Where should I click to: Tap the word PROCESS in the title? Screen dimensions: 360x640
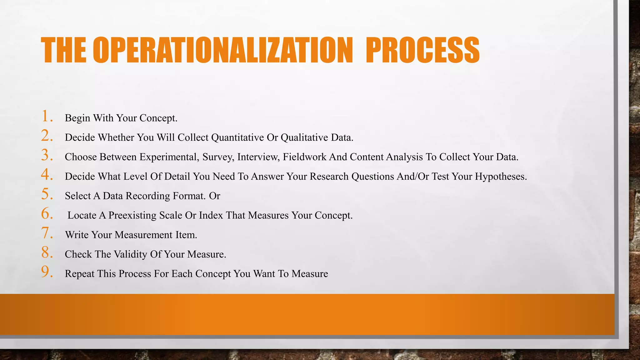tap(422, 50)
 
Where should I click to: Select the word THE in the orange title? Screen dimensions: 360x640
tap(63, 50)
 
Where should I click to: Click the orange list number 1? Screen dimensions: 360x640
tap(46, 116)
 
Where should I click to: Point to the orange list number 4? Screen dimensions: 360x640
tap(46, 174)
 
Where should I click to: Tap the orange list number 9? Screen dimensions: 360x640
tap(46, 272)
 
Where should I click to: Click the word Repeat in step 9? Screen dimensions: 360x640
tap(79, 274)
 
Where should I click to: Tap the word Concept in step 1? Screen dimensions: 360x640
tap(158, 118)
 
